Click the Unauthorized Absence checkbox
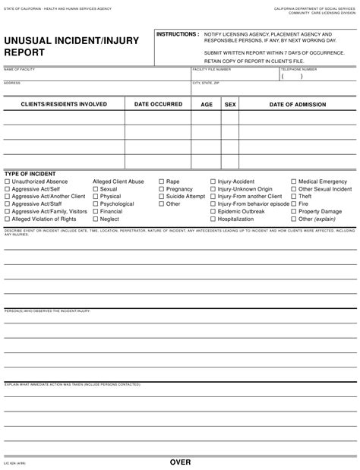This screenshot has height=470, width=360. (x=8, y=182)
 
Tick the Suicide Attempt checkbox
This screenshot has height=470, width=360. (x=162, y=196)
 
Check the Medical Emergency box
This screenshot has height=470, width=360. (x=294, y=182)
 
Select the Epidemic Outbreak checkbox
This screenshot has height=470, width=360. (x=213, y=211)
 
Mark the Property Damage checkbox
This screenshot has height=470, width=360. (x=294, y=211)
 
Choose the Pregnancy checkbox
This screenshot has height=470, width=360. (x=162, y=189)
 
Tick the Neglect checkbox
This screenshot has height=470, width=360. (x=96, y=219)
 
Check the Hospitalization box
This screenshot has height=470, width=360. (x=213, y=219)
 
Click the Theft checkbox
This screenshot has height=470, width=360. (x=294, y=196)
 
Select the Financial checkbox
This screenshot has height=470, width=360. (x=96, y=211)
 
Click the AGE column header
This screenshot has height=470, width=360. (x=207, y=105)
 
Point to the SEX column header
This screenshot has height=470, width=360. (x=231, y=105)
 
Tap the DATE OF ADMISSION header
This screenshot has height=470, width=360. (x=298, y=105)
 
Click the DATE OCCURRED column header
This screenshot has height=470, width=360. (x=158, y=105)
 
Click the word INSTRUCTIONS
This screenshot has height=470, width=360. (x=177, y=35)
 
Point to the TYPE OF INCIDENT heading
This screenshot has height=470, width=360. (x=30, y=174)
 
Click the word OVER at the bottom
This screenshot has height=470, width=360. (x=180, y=462)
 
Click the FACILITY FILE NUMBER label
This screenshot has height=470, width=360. (x=212, y=69)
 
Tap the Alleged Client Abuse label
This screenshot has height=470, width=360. (x=118, y=182)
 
